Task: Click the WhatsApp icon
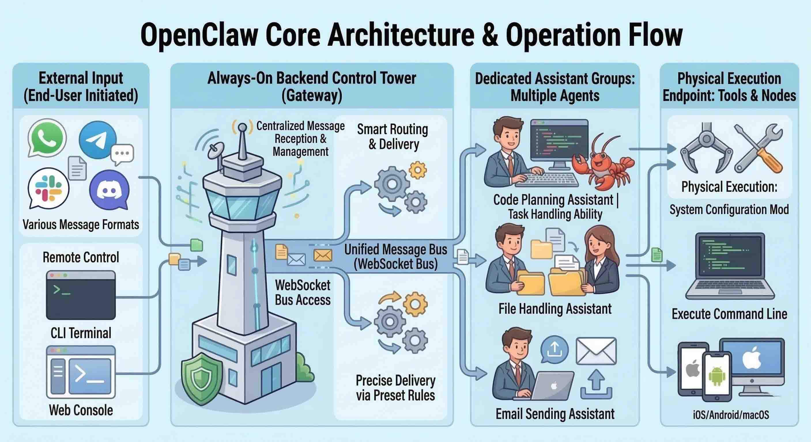coord(47,138)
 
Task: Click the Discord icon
coord(109,190)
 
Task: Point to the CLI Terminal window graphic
coord(81,295)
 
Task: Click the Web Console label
coord(81,410)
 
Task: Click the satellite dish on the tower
coord(216,150)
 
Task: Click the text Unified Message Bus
coord(395,249)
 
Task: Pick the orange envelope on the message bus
coord(323,255)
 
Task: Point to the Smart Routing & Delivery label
coord(393,137)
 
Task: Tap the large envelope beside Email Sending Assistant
coord(596,351)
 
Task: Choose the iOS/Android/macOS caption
coord(731,415)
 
